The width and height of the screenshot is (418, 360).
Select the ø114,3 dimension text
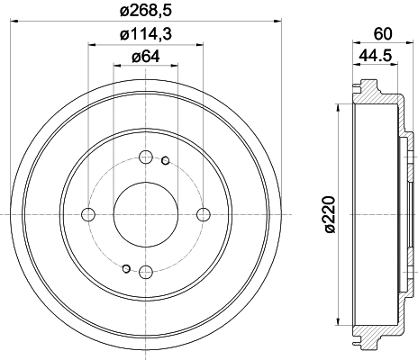pos(145,35)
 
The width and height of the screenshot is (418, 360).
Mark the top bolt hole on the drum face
pos(145,157)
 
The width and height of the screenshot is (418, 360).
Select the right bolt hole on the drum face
pos(203,213)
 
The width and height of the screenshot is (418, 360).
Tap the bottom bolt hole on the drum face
pos(145,271)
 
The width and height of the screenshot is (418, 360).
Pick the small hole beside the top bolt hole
pos(165,162)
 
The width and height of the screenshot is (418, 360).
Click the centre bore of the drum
pos(145,213)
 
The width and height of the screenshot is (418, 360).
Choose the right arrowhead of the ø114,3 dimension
pos(199,47)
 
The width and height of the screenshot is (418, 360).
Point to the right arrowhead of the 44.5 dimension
pos(397,68)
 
